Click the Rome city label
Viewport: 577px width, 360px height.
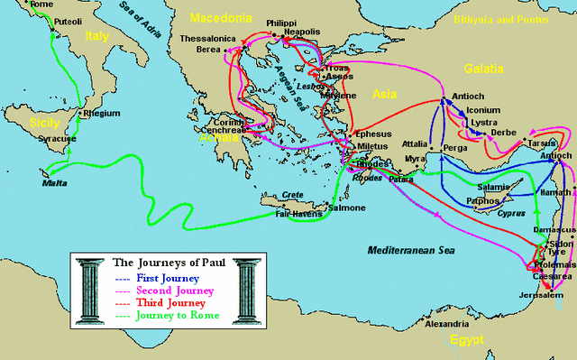point(41,5)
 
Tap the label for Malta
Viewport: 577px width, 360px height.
point(57,182)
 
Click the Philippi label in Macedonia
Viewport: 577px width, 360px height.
point(283,23)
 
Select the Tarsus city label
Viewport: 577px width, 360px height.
point(544,143)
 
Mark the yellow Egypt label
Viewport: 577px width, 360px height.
point(468,339)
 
